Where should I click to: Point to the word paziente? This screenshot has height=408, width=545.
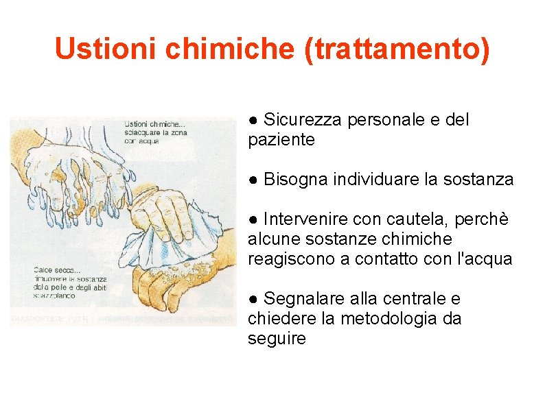click(281, 140)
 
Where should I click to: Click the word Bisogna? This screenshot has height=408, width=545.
click(295, 180)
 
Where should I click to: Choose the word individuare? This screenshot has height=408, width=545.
click(375, 180)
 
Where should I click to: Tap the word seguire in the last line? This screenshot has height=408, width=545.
click(277, 339)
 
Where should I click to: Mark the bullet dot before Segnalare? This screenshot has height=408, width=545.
click(253, 300)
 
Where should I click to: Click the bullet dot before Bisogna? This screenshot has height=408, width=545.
click(253, 180)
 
